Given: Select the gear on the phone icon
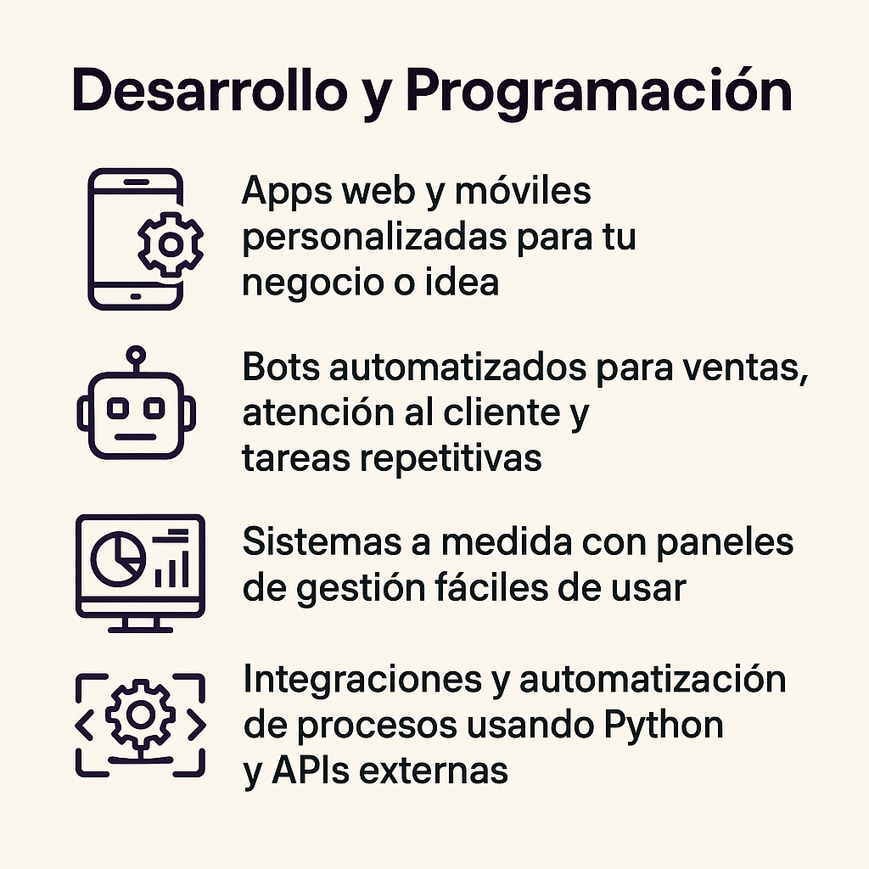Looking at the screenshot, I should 171,244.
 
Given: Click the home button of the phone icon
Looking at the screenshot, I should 135,296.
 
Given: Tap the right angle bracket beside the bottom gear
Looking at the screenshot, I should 195,726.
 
